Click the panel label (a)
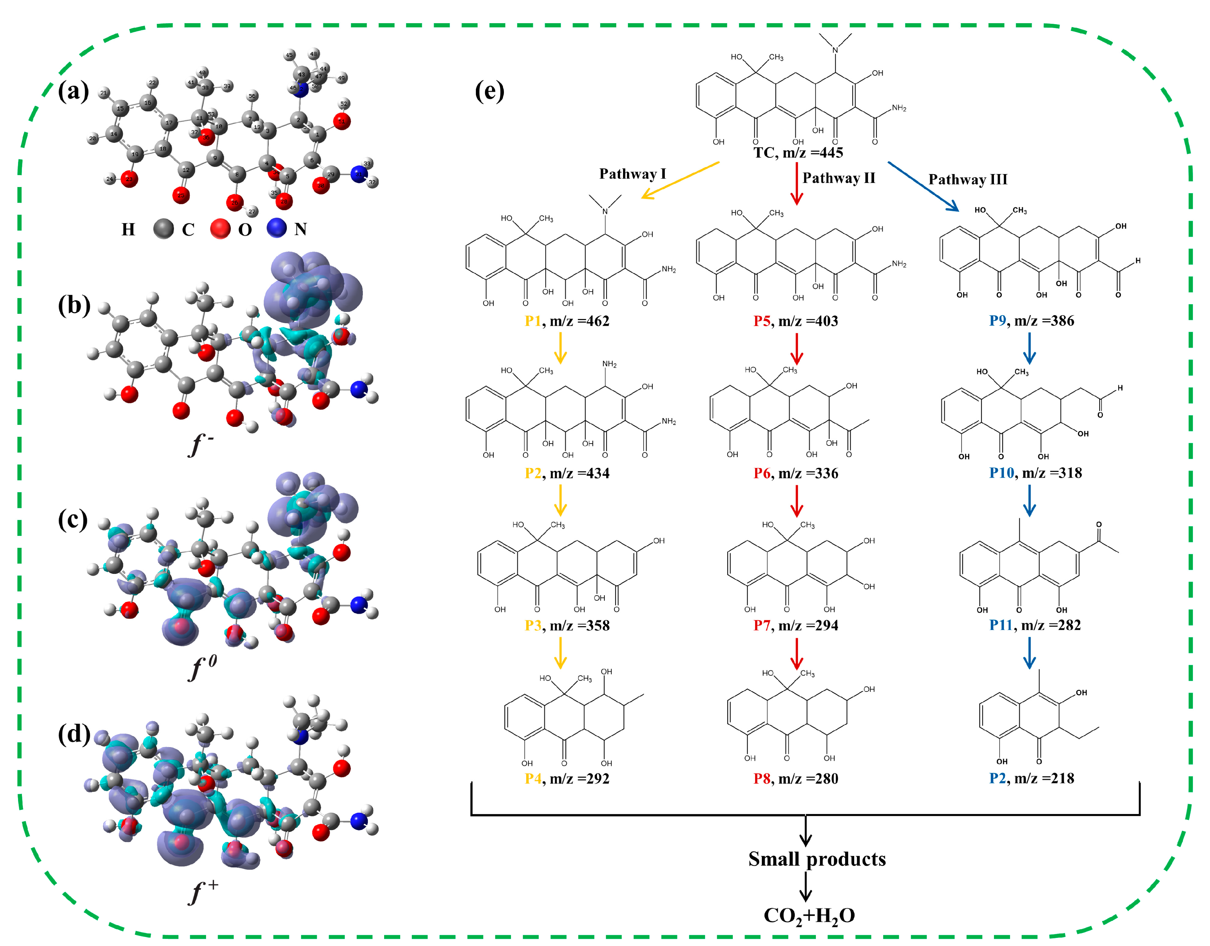point(73,91)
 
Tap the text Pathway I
point(632,174)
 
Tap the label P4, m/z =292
point(567,778)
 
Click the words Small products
point(817,859)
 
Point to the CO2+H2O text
point(809,915)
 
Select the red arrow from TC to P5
point(797,183)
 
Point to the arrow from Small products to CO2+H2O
point(806,886)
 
